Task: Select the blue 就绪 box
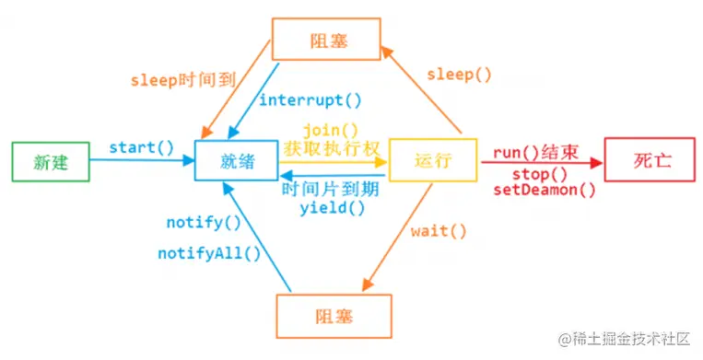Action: pyautogui.click(x=237, y=160)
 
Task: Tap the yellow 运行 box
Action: pyautogui.click(x=433, y=160)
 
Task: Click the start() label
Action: pyautogui.click(x=142, y=147)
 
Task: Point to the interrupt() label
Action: pyautogui.click(x=310, y=100)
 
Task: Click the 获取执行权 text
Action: pyautogui.click(x=329, y=147)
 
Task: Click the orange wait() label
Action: pyautogui.click(x=439, y=230)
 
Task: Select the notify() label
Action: pyautogui.click(x=203, y=223)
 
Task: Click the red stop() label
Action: pyautogui.click(x=539, y=173)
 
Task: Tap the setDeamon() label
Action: pyautogui.click(x=544, y=191)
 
